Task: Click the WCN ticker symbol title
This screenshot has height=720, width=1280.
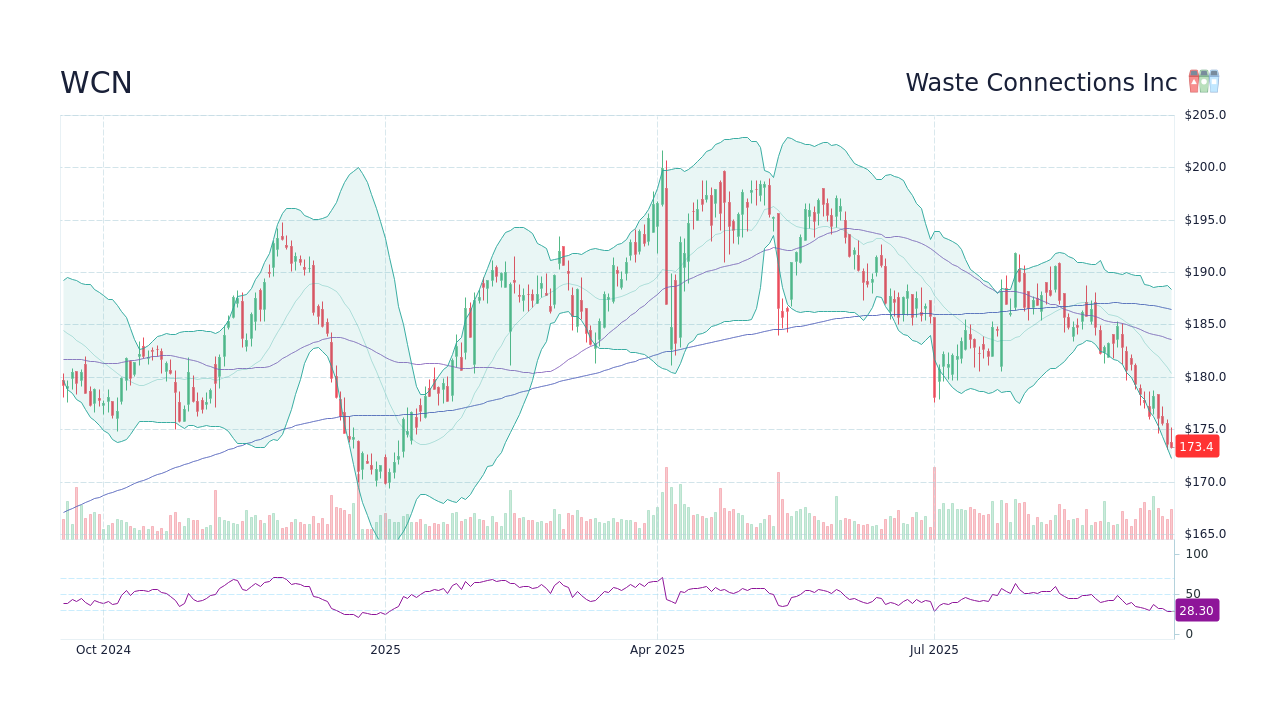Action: click(96, 83)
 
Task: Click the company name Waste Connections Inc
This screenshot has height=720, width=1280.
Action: click(1041, 83)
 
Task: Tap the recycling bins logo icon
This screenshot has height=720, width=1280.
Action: click(1203, 82)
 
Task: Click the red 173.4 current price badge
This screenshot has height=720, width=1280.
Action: click(1196, 447)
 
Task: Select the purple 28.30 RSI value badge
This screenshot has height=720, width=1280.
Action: click(1196, 610)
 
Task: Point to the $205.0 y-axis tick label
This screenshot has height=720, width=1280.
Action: click(1205, 115)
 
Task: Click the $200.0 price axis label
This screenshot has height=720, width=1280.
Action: click(1205, 167)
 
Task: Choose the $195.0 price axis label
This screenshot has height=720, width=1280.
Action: click(1205, 220)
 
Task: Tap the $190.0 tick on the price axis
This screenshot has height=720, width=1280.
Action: click(1205, 272)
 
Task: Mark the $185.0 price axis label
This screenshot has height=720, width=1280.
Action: click(1205, 324)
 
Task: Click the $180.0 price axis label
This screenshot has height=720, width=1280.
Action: click(1205, 377)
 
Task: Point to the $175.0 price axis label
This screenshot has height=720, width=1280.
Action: click(1205, 429)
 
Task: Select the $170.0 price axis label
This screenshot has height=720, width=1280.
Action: click(1205, 482)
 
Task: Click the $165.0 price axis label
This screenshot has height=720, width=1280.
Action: click(1205, 534)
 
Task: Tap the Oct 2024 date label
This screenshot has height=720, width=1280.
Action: click(103, 650)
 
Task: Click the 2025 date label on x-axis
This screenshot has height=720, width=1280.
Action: click(385, 650)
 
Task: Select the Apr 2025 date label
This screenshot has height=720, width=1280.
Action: click(657, 650)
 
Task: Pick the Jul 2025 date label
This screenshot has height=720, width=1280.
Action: click(934, 650)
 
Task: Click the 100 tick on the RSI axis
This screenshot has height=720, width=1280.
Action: click(1197, 554)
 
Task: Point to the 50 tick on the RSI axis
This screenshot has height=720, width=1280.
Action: click(1193, 594)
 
